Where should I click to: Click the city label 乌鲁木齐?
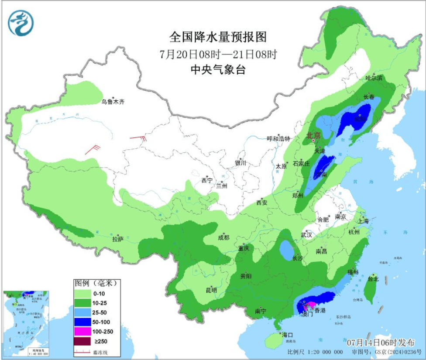coord(113,102)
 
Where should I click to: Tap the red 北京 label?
coord(313,135)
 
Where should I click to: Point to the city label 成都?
coord(223,238)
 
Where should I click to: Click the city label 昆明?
coord(211,290)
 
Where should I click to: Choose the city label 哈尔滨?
coord(374,78)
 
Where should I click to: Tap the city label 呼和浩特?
coord(278,139)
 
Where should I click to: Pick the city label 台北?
coord(374,278)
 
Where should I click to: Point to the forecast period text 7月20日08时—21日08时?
coord(218,55)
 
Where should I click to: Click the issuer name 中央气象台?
coord(218,69)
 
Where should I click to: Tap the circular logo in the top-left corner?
coord(21,23)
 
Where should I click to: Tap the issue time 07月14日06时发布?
coord(381,342)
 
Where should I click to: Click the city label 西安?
coord(261,202)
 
